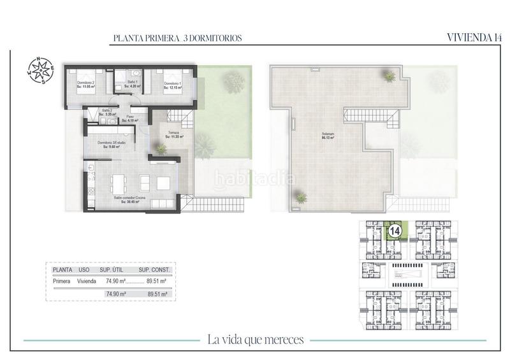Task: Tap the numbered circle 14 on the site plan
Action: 394,230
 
